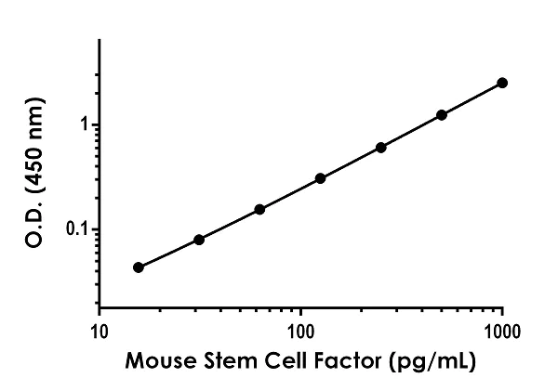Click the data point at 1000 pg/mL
(502, 83)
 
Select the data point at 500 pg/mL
(442, 115)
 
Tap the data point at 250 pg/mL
(381, 147)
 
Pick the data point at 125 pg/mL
(320, 177)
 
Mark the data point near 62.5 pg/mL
(259, 209)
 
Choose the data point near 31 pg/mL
(199, 240)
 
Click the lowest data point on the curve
(139, 267)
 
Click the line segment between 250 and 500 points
(412, 131)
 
